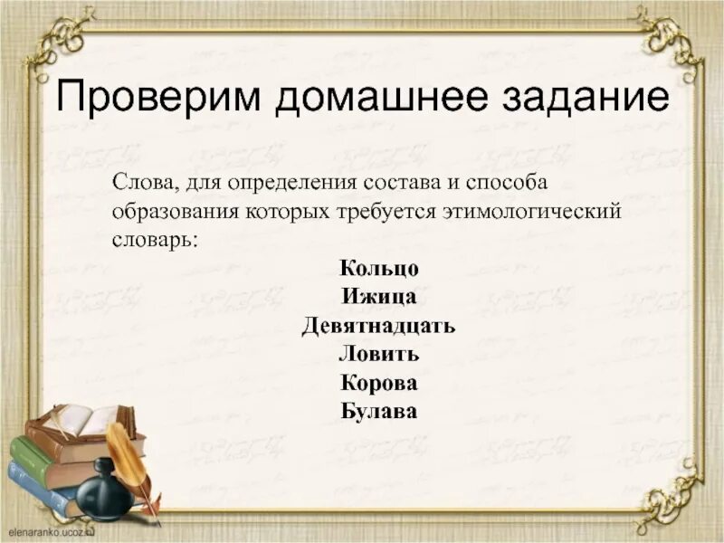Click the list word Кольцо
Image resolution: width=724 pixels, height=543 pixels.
[379, 268]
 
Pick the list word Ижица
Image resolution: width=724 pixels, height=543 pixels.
[379, 297]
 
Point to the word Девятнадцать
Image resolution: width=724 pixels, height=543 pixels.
[378, 326]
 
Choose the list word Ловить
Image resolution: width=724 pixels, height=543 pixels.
[379, 354]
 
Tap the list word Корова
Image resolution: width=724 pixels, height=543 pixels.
[379, 383]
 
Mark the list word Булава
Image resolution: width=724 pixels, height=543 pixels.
[379, 412]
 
